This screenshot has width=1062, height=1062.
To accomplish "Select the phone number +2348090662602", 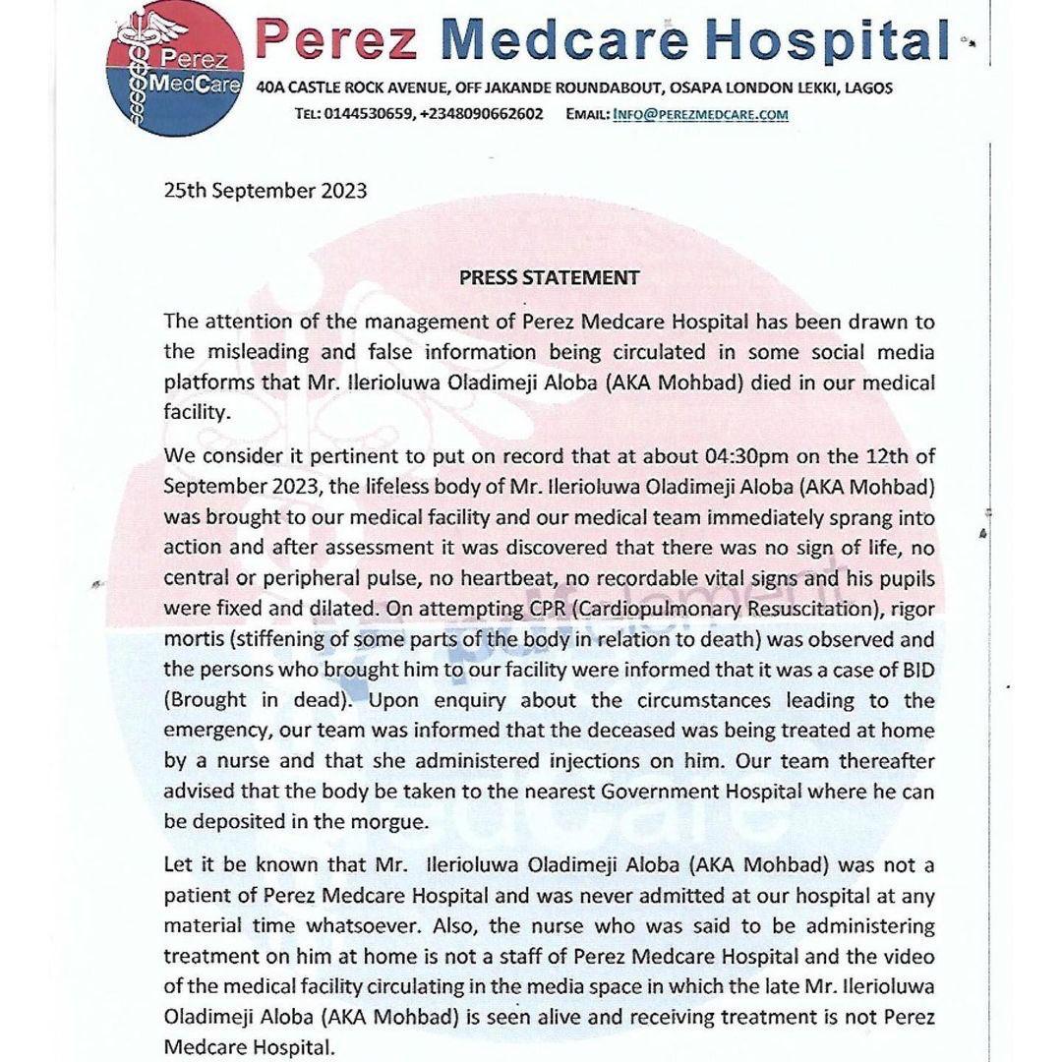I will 481,114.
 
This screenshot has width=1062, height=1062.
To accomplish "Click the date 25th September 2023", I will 265,190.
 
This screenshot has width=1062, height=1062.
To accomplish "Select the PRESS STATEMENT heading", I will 549,277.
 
